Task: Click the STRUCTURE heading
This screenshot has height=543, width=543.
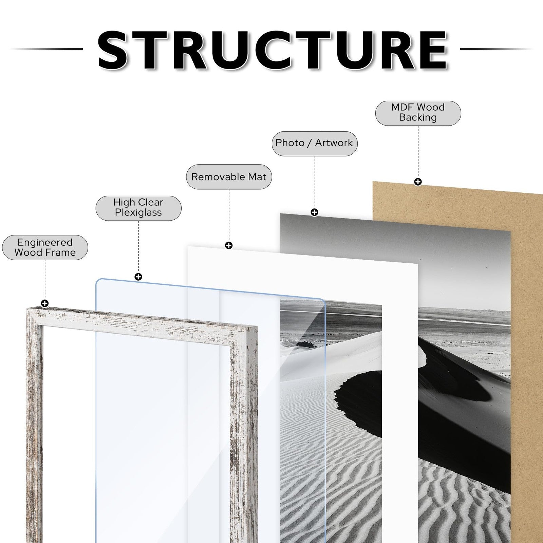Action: [273, 50]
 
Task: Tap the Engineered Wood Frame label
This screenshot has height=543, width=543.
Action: [45, 247]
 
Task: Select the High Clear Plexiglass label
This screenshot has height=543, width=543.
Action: [138, 208]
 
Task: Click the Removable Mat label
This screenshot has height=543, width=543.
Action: [229, 177]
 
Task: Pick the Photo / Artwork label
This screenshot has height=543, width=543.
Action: [315, 143]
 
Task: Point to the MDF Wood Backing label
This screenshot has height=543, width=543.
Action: [418, 113]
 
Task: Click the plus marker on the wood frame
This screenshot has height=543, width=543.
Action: [45, 303]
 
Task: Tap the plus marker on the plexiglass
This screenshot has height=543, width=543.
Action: [138, 277]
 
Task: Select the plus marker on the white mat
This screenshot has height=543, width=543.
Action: [229, 245]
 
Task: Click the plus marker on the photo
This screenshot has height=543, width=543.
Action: [315, 212]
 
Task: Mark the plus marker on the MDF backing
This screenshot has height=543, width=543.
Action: [418, 182]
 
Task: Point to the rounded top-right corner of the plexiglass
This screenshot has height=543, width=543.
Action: [322, 301]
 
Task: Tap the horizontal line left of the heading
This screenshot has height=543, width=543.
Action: [46, 49]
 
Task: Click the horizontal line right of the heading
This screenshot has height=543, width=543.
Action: [497, 49]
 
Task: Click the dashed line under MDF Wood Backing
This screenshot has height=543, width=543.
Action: [418, 151]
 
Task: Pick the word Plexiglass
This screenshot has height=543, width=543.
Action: [138, 212]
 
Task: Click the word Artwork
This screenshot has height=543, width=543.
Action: [334, 143]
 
